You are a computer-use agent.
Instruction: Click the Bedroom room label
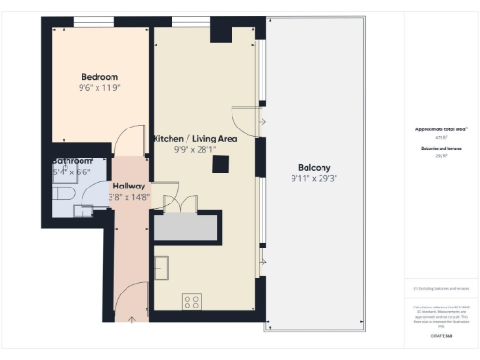click(x=98, y=77)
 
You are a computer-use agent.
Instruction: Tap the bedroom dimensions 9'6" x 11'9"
click(x=98, y=88)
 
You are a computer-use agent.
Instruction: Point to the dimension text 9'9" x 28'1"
click(x=195, y=149)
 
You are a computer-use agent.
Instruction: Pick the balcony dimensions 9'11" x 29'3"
click(x=314, y=177)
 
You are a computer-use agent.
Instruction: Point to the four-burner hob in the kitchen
click(x=191, y=301)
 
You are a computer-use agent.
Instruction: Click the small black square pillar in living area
click(x=221, y=164)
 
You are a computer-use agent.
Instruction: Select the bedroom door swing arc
click(x=130, y=141)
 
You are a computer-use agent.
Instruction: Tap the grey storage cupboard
click(x=187, y=226)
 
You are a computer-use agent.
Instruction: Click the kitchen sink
click(x=161, y=267)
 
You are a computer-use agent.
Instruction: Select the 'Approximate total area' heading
click(x=441, y=128)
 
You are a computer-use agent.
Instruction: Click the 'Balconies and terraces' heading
click(x=441, y=148)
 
